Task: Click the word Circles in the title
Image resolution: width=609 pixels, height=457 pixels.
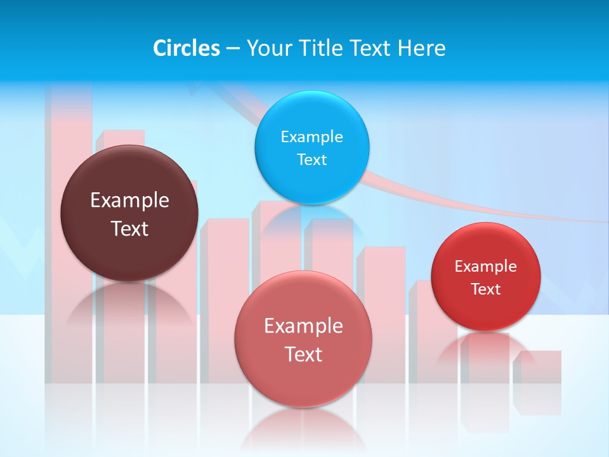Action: tap(187, 48)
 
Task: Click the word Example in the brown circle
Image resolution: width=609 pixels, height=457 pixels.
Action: tap(129, 201)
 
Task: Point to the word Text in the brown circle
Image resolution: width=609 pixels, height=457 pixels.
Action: tap(129, 228)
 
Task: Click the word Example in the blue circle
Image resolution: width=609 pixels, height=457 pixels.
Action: tap(312, 137)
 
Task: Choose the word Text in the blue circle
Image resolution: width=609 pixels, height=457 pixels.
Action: tap(312, 160)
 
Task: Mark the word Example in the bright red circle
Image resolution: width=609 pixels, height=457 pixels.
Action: tap(486, 267)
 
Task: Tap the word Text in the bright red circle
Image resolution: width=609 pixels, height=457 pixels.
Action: tap(486, 289)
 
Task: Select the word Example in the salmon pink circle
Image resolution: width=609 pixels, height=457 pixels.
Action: tap(303, 326)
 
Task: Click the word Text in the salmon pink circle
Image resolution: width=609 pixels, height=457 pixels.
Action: tap(303, 354)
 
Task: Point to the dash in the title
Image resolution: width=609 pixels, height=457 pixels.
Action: tap(233, 48)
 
